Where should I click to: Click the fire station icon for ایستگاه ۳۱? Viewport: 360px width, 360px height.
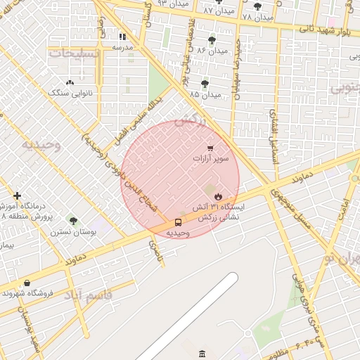click(x=218, y=195)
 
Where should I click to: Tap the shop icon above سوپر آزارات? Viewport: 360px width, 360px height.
click(x=211, y=147)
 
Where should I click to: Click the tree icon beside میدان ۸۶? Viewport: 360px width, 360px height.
click(x=212, y=40)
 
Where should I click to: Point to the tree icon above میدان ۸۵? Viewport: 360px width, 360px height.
click(x=205, y=83)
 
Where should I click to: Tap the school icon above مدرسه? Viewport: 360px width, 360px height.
click(x=122, y=37)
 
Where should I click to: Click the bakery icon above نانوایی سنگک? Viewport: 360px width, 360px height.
click(x=69, y=82)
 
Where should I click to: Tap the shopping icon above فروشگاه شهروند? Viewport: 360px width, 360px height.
click(x=27, y=283)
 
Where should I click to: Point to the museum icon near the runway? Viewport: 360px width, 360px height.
click(x=202, y=352)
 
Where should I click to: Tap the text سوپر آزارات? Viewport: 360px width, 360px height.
click(x=211, y=159)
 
